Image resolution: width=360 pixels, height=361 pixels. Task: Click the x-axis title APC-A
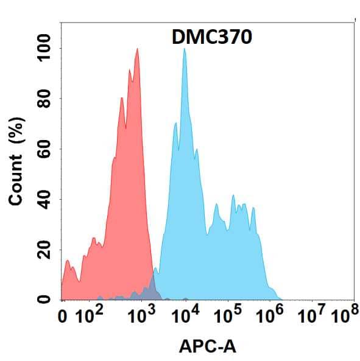pyautogui.click(x=208, y=347)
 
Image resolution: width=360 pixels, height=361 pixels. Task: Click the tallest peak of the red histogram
pyautogui.click(x=138, y=49)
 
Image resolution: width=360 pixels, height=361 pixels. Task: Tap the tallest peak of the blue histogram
pyautogui.click(x=184, y=49)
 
